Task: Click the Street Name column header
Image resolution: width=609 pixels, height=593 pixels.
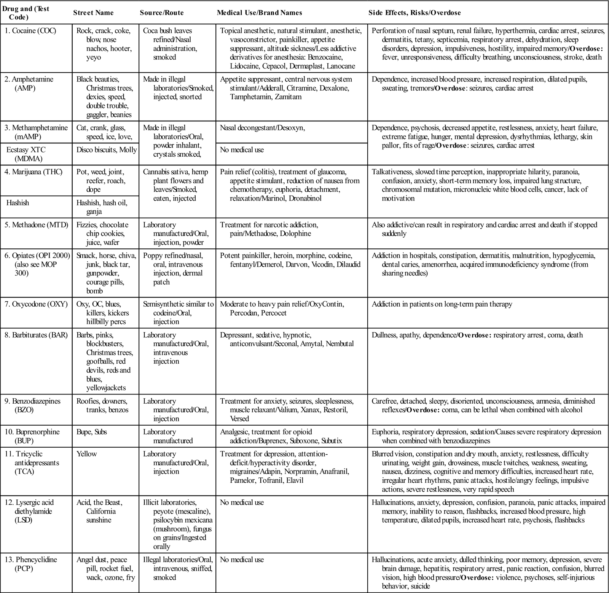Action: point(93,13)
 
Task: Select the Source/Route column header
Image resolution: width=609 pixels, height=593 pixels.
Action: point(162,13)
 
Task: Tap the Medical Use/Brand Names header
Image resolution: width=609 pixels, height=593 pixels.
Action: point(259,13)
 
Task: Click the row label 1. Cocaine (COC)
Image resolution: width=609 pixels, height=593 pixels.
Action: point(30,31)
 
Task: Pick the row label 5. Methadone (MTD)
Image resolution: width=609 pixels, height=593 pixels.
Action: point(37,225)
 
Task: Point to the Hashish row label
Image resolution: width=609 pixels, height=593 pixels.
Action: point(18,203)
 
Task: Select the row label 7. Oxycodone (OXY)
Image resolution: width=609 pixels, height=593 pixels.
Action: point(36,304)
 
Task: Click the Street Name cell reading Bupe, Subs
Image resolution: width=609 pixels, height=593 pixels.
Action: point(92,432)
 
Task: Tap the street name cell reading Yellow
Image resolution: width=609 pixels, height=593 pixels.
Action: point(87,454)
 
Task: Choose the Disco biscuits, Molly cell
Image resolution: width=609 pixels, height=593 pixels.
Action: point(107,150)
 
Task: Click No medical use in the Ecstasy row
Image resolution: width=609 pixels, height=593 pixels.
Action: point(242,150)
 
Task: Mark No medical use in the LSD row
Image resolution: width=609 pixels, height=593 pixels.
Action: point(242,502)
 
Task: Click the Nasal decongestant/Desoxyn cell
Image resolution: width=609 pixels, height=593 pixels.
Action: point(262,128)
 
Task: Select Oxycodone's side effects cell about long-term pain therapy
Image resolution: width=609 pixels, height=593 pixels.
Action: point(442,304)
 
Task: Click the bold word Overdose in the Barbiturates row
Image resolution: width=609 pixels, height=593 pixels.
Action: point(474,335)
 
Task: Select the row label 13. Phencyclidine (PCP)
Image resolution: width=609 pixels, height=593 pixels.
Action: point(36,564)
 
